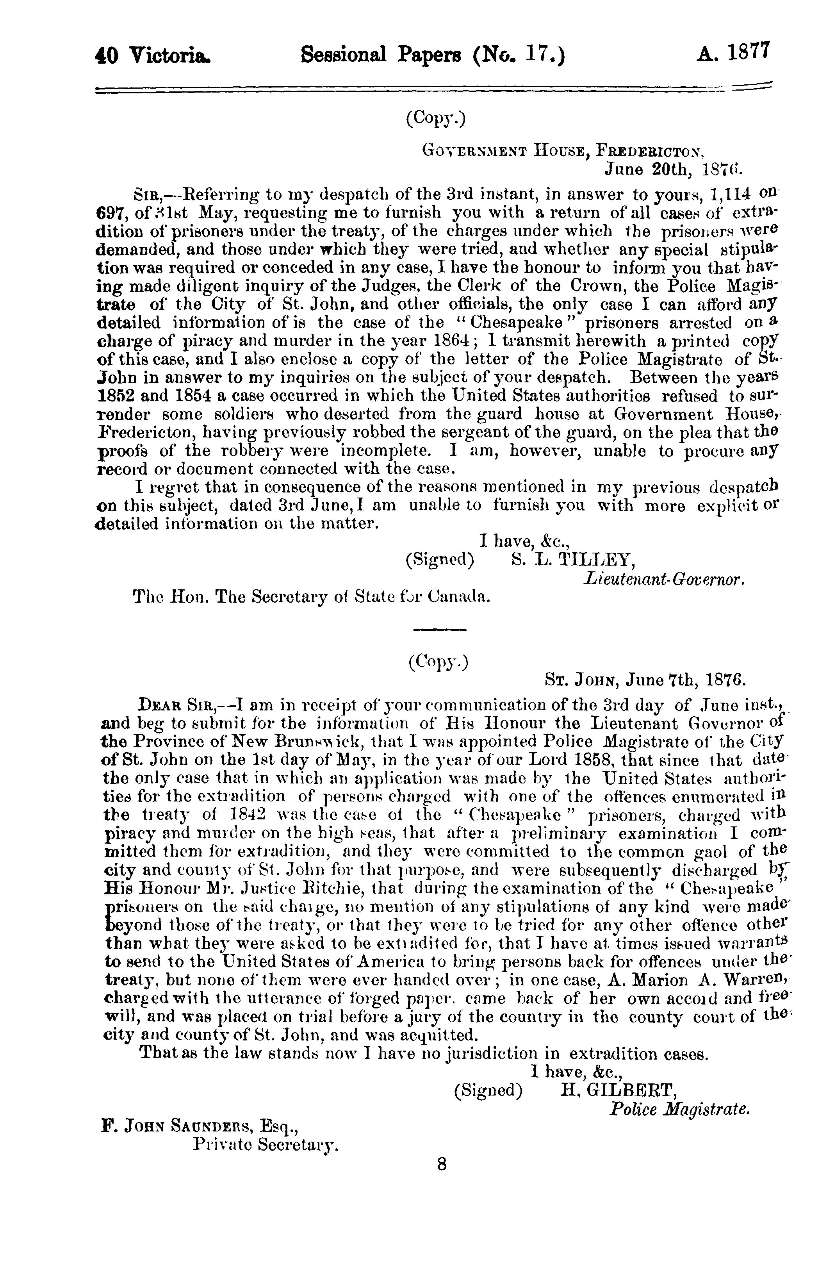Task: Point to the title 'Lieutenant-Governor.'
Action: pos(663,579)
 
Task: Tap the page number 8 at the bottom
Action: pos(442,1165)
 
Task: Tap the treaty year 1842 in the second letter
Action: pos(235,816)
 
